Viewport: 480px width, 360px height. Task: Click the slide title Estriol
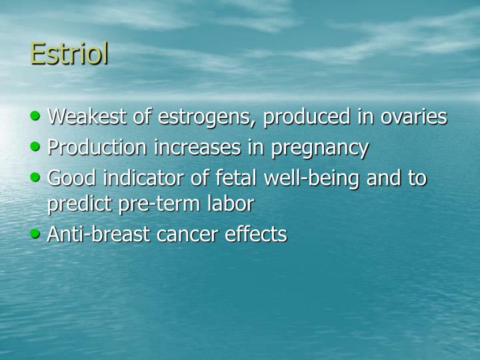click(69, 54)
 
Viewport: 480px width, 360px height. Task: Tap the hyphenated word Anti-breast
click(99, 234)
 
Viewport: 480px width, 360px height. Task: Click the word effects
click(259, 234)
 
